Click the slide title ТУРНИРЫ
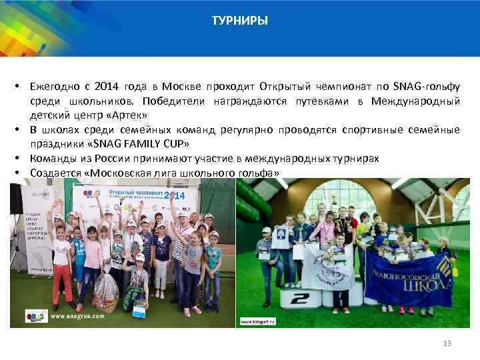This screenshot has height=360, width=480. point(240,21)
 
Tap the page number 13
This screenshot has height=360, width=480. point(447,343)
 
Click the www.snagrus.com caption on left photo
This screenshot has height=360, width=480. point(78,316)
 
